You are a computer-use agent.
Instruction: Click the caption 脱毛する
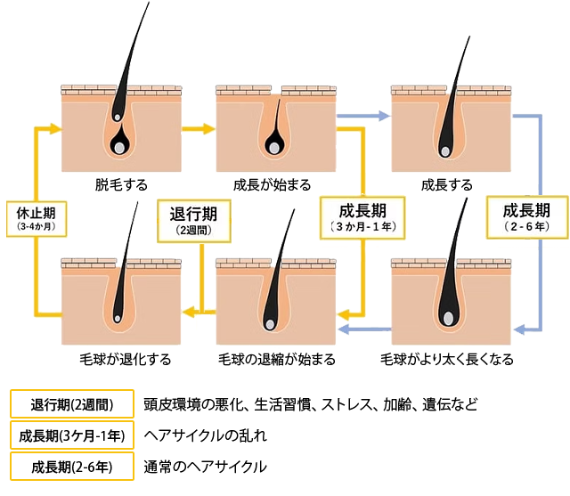click(x=121, y=185)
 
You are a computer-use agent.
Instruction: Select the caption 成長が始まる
click(x=272, y=185)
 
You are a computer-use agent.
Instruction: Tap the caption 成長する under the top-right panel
click(x=447, y=185)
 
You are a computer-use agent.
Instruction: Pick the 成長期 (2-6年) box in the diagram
click(x=526, y=218)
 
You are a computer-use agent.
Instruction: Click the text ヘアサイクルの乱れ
click(x=205, y=436)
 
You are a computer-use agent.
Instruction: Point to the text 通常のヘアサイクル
click(x=205, y=467)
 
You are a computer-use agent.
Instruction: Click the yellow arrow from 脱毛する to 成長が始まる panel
click(x=198, y=128)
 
